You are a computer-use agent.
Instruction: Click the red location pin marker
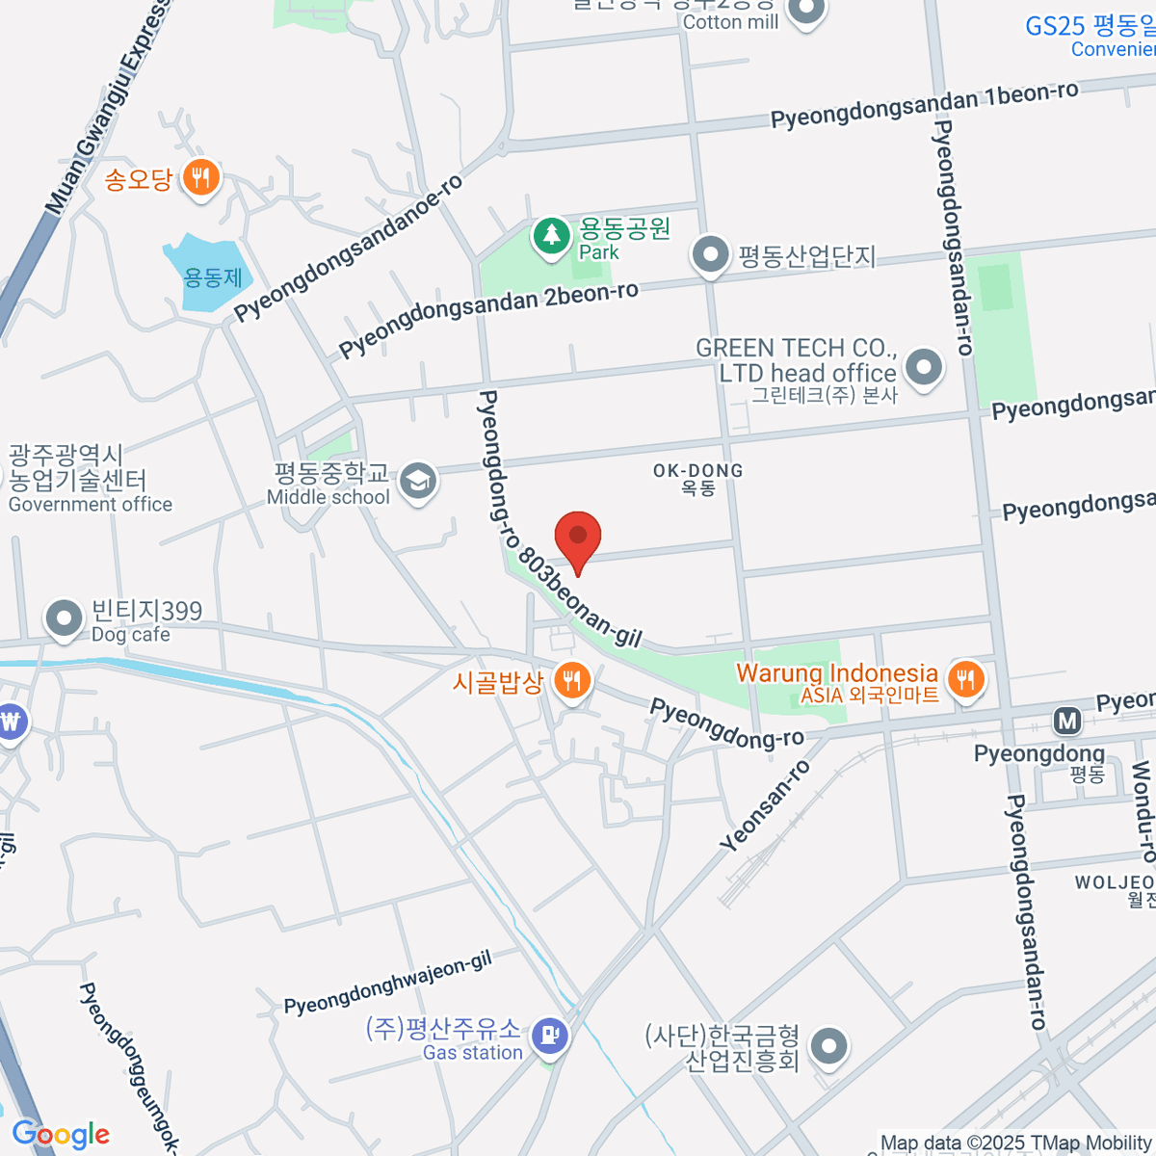[578, 538]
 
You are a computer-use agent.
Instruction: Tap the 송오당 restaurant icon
[200, 178]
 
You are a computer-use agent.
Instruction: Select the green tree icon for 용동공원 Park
[552, 234]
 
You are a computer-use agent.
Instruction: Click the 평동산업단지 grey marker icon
[711, 256]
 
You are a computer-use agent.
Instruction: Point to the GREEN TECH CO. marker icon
[924, 367]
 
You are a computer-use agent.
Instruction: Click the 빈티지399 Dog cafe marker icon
[65, 617]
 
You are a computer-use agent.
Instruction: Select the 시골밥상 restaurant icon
[572, 681]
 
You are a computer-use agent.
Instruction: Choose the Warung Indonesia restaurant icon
[965, 680]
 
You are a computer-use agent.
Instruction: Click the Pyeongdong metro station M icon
[1066, 721]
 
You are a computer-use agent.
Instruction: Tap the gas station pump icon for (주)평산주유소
[549, 1037]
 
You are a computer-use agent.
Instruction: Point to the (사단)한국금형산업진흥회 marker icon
[828, 1045]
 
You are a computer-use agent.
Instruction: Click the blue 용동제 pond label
[213, 278]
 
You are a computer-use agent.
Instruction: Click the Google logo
[61, 1134]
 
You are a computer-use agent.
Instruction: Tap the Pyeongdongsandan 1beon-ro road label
[924, 105]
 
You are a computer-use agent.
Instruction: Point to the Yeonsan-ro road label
[766, 805]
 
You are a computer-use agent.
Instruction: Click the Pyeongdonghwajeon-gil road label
[387, 984]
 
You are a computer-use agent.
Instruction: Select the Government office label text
[91, 505]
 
